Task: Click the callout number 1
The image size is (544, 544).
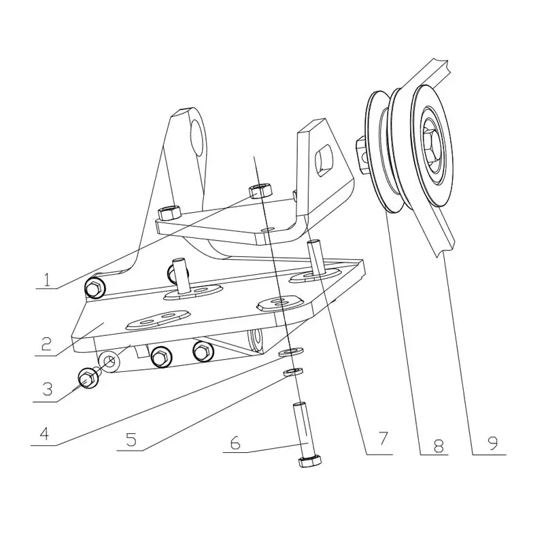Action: (46, 279)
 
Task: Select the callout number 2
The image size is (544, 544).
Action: (46, 343)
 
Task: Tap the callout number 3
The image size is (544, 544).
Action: (47, 388)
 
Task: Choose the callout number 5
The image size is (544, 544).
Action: (131, 439)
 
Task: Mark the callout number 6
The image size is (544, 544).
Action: (235, 443)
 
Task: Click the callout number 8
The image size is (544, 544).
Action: (438, 445)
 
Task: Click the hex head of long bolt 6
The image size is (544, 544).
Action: (310, 462)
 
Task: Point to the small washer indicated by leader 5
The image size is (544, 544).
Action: (294, 372)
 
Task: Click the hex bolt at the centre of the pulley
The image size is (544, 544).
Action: (431, 143)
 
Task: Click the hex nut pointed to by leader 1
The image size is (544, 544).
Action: (260, 191)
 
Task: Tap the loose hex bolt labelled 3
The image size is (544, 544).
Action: (88, 378)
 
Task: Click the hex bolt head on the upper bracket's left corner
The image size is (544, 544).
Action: (169, 213)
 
